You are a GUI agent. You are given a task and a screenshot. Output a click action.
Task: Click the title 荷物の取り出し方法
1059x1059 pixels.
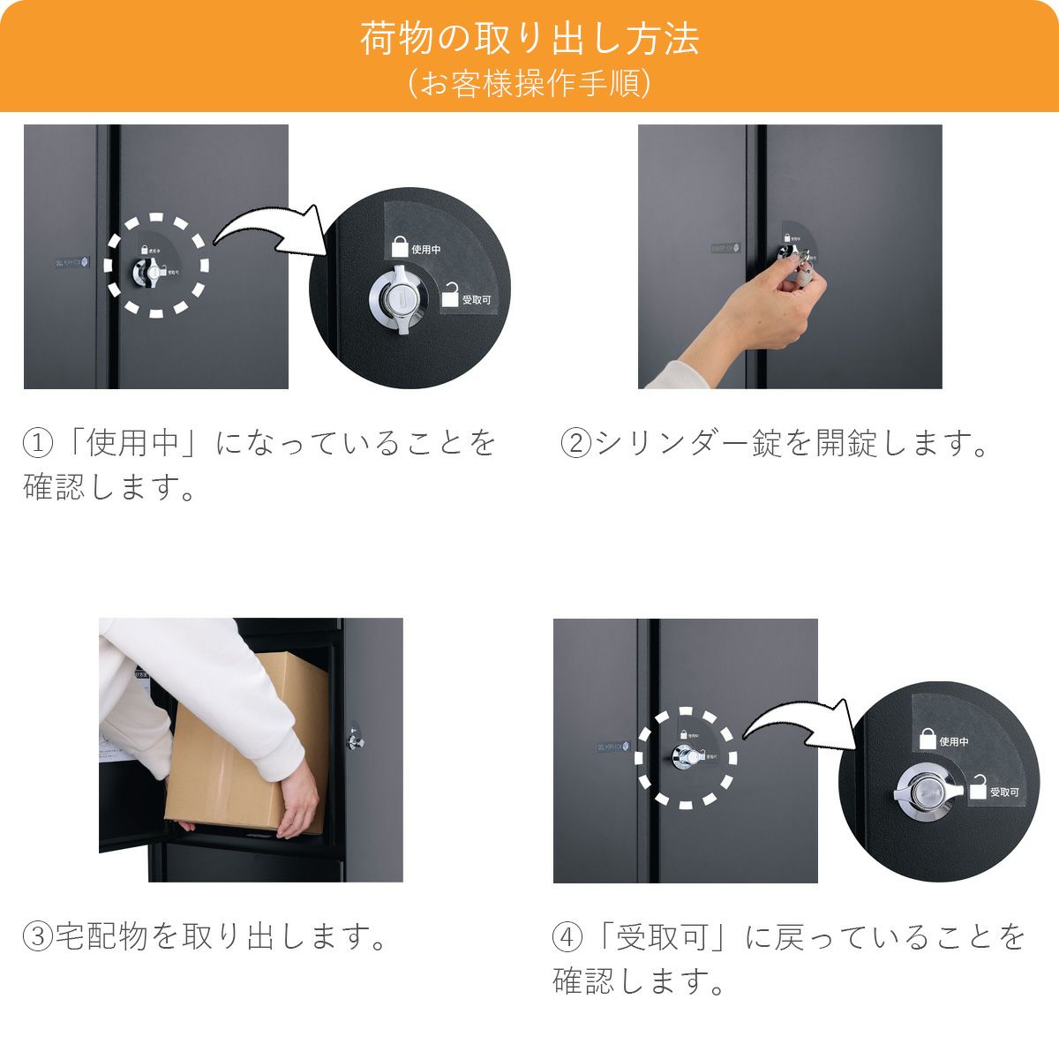click(x=529, y=40)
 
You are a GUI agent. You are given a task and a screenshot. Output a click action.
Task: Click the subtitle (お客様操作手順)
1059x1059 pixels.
click(x=529, y=85)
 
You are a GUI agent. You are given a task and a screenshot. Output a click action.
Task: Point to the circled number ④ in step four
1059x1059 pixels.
click(x=567, y=936)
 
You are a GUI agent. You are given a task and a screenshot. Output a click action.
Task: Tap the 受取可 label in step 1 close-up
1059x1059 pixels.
click(x=476, y=300)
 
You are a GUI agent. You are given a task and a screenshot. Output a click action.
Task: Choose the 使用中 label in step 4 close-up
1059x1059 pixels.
click(x=954, y=741)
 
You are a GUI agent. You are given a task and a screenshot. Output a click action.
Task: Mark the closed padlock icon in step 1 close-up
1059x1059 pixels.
click(x=400, y=245)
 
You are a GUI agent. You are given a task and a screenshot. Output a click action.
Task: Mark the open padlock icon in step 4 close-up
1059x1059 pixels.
click(x=978, y=787)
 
